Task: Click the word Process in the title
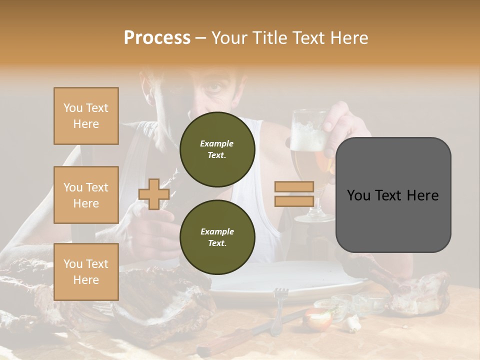tap(157, 38)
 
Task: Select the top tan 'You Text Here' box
tap(86, 116)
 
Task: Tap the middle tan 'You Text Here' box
tap(86, 195)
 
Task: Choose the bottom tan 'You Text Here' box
tap(86, 271)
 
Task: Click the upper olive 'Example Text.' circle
tap(217, 149)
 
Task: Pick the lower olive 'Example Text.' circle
tap(217, 237)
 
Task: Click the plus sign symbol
tap(154, 194)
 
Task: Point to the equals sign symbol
tap(294, 194)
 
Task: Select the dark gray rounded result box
tap(393, 194)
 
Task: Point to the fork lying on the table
tap(279, 310)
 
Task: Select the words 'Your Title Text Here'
tap(289, 38)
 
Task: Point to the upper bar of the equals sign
tap(294, 187)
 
